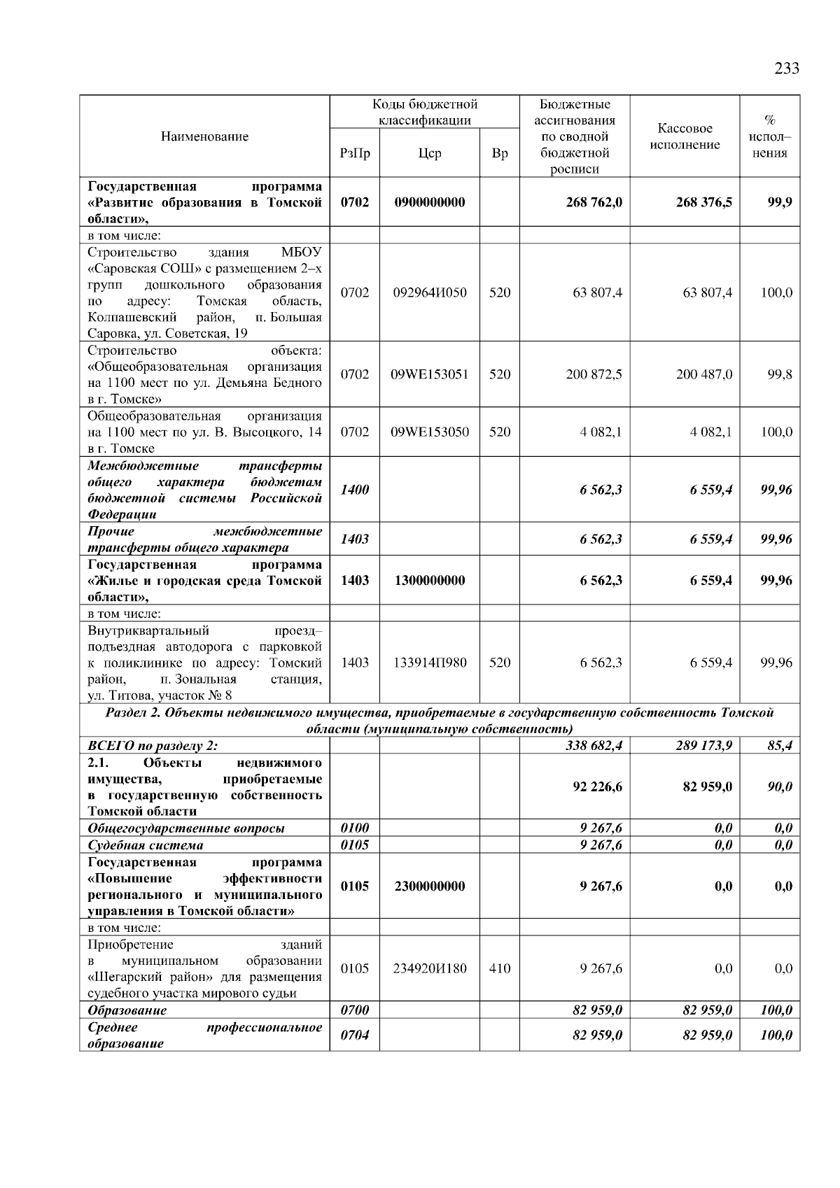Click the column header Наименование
(204, 136)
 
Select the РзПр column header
(354, 153)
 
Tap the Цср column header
(429, 153)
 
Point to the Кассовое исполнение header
(685, 136)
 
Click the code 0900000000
(429, 203)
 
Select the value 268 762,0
(594, 203)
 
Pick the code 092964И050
(429, 292)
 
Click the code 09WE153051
(429, 374)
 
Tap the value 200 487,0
(703, 374)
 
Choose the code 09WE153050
(429, 432)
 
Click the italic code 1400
(354, 490)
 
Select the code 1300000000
(429, 581)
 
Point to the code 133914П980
(429, 663)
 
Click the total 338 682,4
(594, 746)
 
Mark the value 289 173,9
(703, 746)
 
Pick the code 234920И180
(429, 969)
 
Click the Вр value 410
(500, 969)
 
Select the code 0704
(354, 1035)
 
